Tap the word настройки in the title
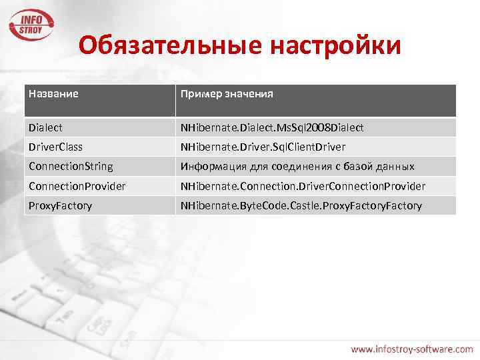pyautogui.click(x=336, y=46)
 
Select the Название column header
pyautogui.click(x=53, y=94)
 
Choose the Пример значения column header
pyautogui.click(x=227, y=94)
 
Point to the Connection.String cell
pyautogui.click(x=71, y=166)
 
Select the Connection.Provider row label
pyautogui.click(x=77, y=186)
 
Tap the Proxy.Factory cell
pyautogui.click(x=60, y=205)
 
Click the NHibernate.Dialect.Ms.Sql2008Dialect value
pyautogui.click(x=272, y=127)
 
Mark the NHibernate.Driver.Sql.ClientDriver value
pyautogui.click(x=263, y=146)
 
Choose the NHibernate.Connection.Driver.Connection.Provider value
pyautogui.click(x=303, y=186)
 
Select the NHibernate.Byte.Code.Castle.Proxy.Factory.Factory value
pyautogui.click(x=301, y=205)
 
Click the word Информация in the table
pyautogui.click(x=211, y=166)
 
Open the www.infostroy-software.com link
pyautogui.click(x=412, y=348)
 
